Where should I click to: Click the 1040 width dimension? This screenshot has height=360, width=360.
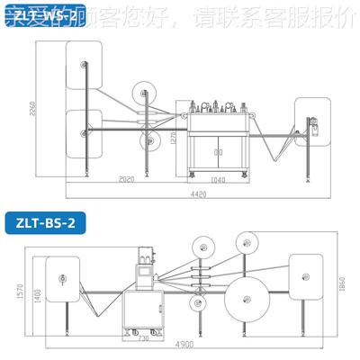click(x=219, y=180)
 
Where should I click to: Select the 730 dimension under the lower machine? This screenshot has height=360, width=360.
click(x=143, y=337)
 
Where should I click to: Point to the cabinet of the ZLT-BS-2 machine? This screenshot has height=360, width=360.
click(x=143, y=310)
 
